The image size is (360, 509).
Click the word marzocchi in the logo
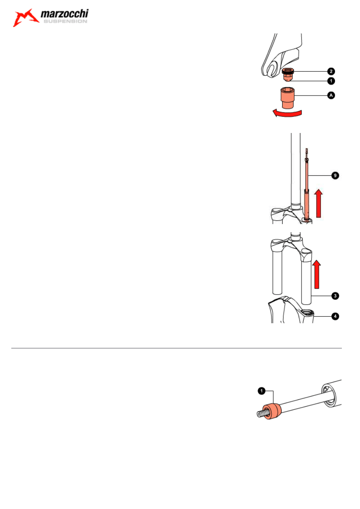tap(65, 14)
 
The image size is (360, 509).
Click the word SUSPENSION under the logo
tap(65, 21)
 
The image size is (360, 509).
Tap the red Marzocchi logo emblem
tap(26, 18)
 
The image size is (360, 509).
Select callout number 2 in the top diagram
tap(331, 71)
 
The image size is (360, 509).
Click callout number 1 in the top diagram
tap(331, 81)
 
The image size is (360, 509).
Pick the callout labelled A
tap(331, 95)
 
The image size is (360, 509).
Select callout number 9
tap(335, 175)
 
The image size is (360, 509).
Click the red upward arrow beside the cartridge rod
tap(318, 203)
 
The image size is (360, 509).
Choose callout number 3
tap(335, 296)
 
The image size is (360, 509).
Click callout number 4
tap(335, 316)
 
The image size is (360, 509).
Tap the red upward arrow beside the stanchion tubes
tap(316, 274)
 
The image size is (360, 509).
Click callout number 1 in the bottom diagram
tap(262, 391)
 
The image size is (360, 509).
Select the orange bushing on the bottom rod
tap(272, 411)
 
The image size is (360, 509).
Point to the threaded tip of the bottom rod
tap(261, 414)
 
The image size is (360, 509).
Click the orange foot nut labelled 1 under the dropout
tap(288, 77)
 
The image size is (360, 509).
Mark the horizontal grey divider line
tap(176, 348)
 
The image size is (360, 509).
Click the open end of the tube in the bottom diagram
tap(329, 395)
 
